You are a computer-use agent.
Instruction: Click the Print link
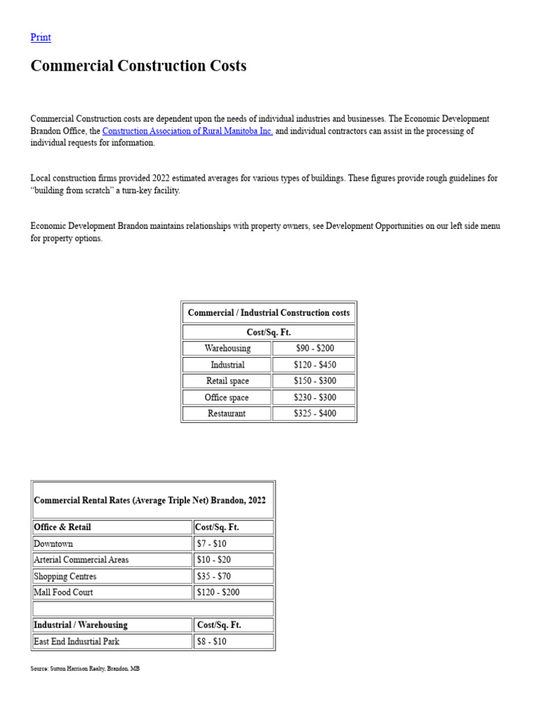(41, 37)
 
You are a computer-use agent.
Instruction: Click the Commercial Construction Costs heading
(138, 66)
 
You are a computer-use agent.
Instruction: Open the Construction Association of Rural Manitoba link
(187, 131)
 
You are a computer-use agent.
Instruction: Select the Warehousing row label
(227, 348)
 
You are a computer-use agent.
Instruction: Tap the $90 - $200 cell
(315, 348)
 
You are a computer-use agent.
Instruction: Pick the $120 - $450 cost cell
(315, 365)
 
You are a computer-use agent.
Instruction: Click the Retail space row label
(227, 381)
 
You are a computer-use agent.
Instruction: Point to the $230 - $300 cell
(315, 397)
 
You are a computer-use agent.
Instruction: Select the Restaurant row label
(227, 413)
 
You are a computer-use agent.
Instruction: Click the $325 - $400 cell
(315, 413)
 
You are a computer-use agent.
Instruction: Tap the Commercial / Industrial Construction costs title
(268, 313)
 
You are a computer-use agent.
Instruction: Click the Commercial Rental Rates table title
(150, 501)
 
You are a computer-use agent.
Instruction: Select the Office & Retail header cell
(62, 527)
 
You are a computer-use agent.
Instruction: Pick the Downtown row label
(53, 543)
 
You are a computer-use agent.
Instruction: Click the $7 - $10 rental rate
(211, 543)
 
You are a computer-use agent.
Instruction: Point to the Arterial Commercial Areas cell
(81, 559)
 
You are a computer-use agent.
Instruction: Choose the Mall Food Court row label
(64, 592)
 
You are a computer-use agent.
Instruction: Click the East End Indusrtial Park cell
(75, 641)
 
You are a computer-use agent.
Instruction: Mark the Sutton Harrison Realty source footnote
(85, 669)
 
